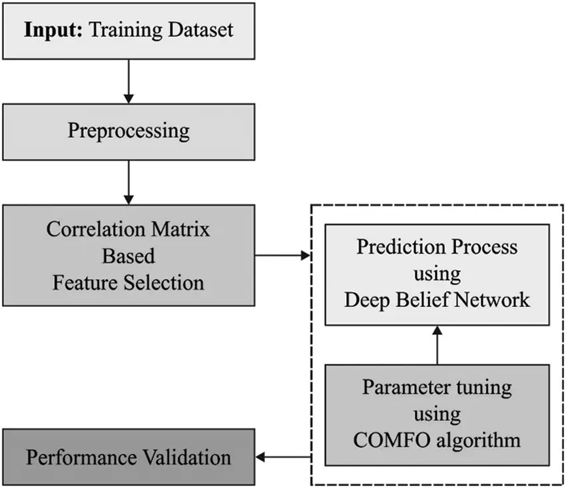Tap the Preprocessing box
[129, 130]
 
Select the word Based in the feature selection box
[129, 256]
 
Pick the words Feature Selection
[129, 282]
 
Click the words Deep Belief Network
[437, 300]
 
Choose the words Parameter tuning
[437, 387]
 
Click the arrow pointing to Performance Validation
[284, 457]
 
